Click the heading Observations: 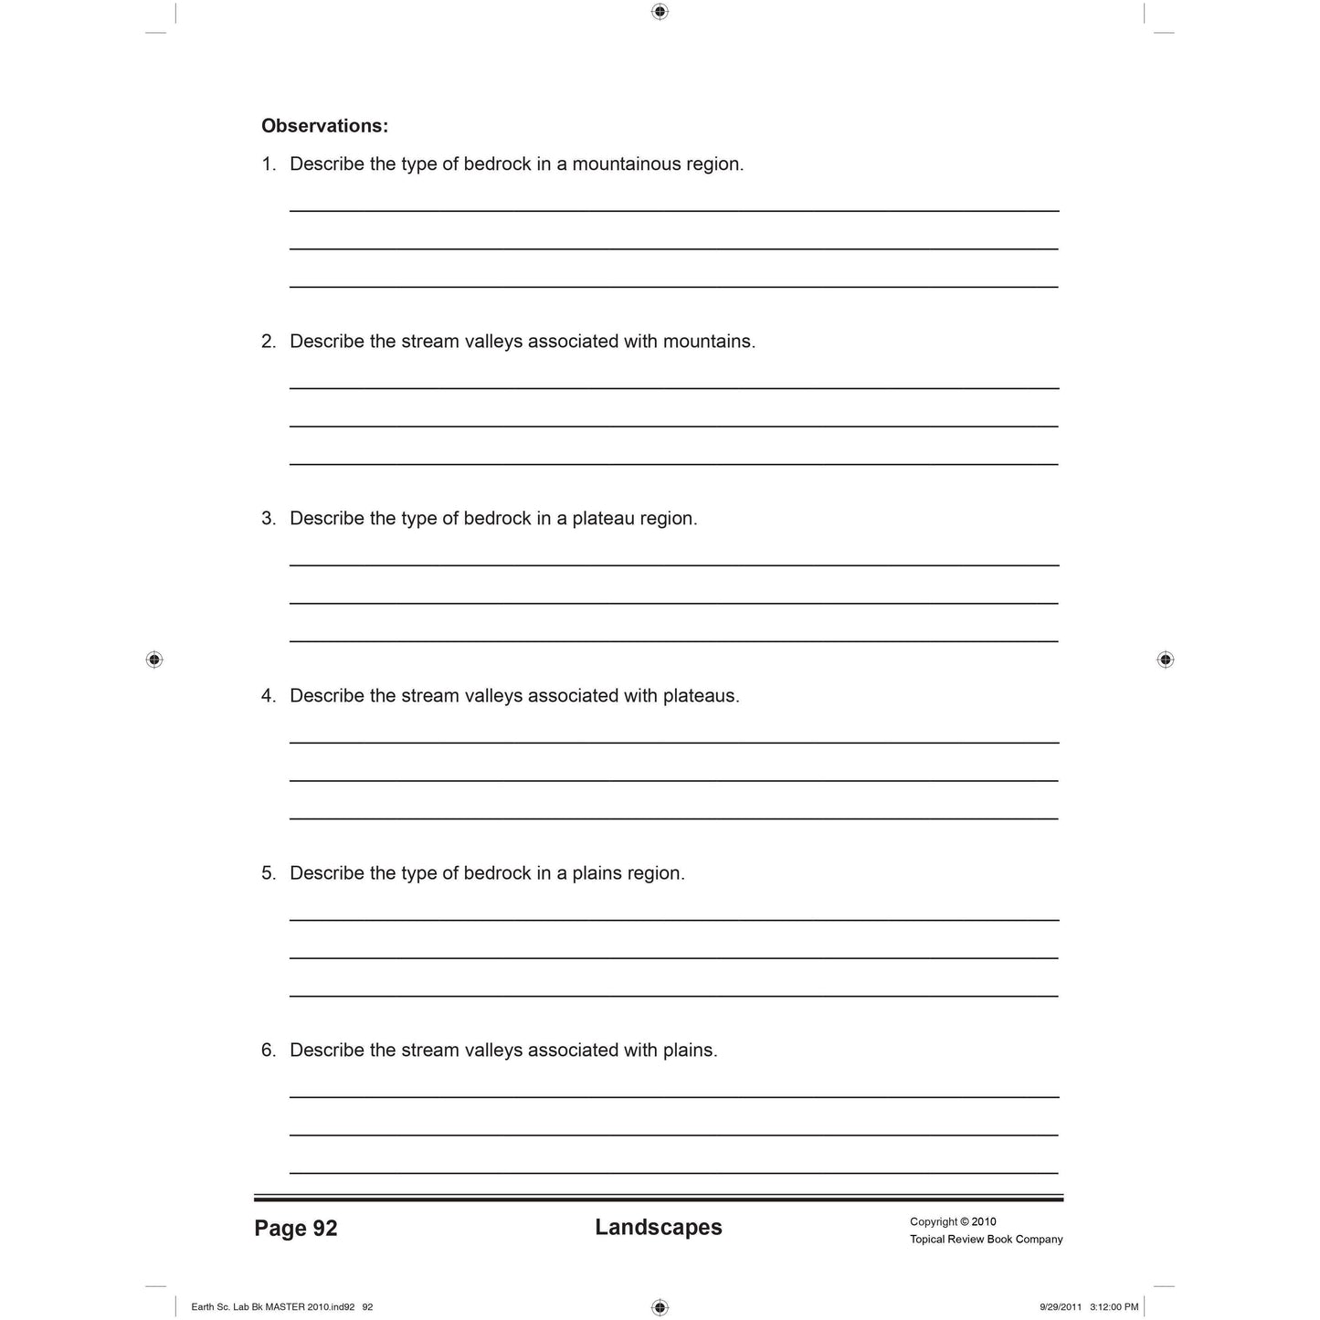coord(324,126)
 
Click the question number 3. coord(268,519)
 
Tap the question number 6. coord(268,1051)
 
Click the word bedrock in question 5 coord(497,873)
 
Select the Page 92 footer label coord(296,1229)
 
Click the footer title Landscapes coord(659,1228)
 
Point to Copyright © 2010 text coord(953,1221)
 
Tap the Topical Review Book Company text coord(986,1240)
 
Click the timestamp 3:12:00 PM coord(1114,1307)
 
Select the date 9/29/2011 coord(1061,1307)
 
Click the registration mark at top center coord(660,12)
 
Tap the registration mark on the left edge coord(154,660)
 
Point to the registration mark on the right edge coord(1165,660)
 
